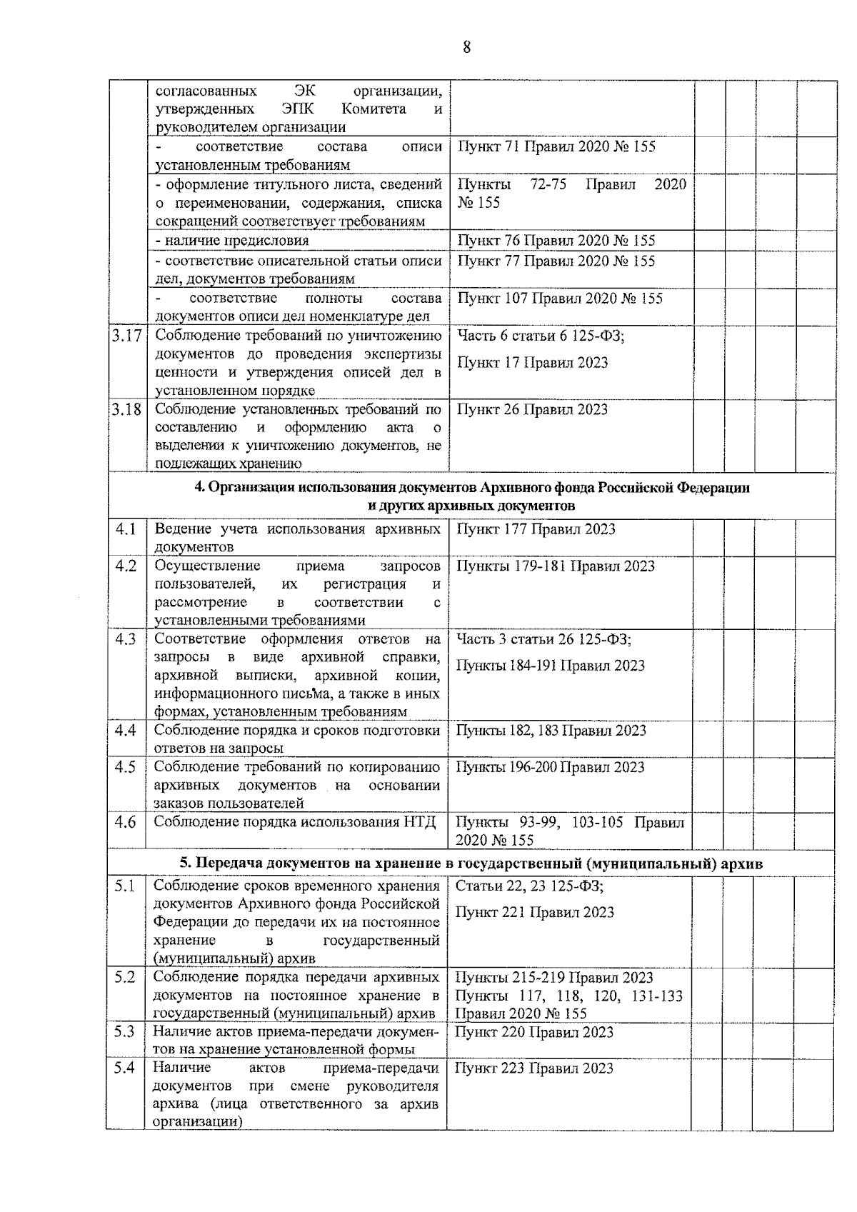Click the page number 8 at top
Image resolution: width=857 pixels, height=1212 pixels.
coord(466,48)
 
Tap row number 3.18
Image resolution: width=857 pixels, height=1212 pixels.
coord(126,410)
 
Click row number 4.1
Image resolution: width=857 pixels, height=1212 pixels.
coord(126,529)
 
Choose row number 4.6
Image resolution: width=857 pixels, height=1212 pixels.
coord(126,821)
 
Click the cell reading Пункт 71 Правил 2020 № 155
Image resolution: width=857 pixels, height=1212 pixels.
coord(556,147)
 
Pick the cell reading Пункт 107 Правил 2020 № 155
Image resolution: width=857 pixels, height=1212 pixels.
coord(560,298)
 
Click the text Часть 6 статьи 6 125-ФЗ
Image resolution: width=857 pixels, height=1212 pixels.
coord(541,335)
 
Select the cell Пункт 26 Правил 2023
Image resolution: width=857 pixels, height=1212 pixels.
coord(532,409)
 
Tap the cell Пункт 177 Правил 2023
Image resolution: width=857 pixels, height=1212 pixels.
coord(536,529)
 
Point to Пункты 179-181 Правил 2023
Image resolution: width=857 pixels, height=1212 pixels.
coord(555,566)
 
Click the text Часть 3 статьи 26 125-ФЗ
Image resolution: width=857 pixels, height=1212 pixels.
coord(543,639)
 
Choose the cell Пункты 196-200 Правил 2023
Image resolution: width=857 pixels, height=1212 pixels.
coord(550,767)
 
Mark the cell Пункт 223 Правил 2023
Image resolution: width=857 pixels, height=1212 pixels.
coord(534,1068)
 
